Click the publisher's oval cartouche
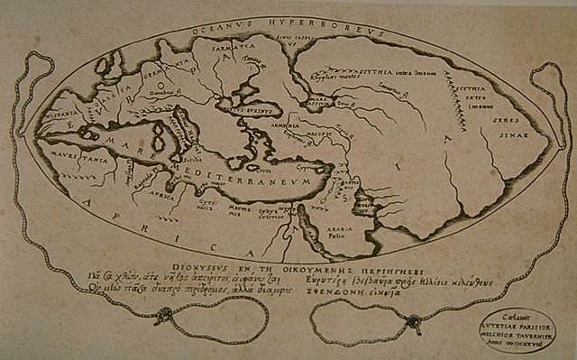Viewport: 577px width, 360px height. coord(517,328)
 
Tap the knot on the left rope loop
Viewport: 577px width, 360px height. coord(164,317)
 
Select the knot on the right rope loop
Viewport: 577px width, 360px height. coord(411,321)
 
